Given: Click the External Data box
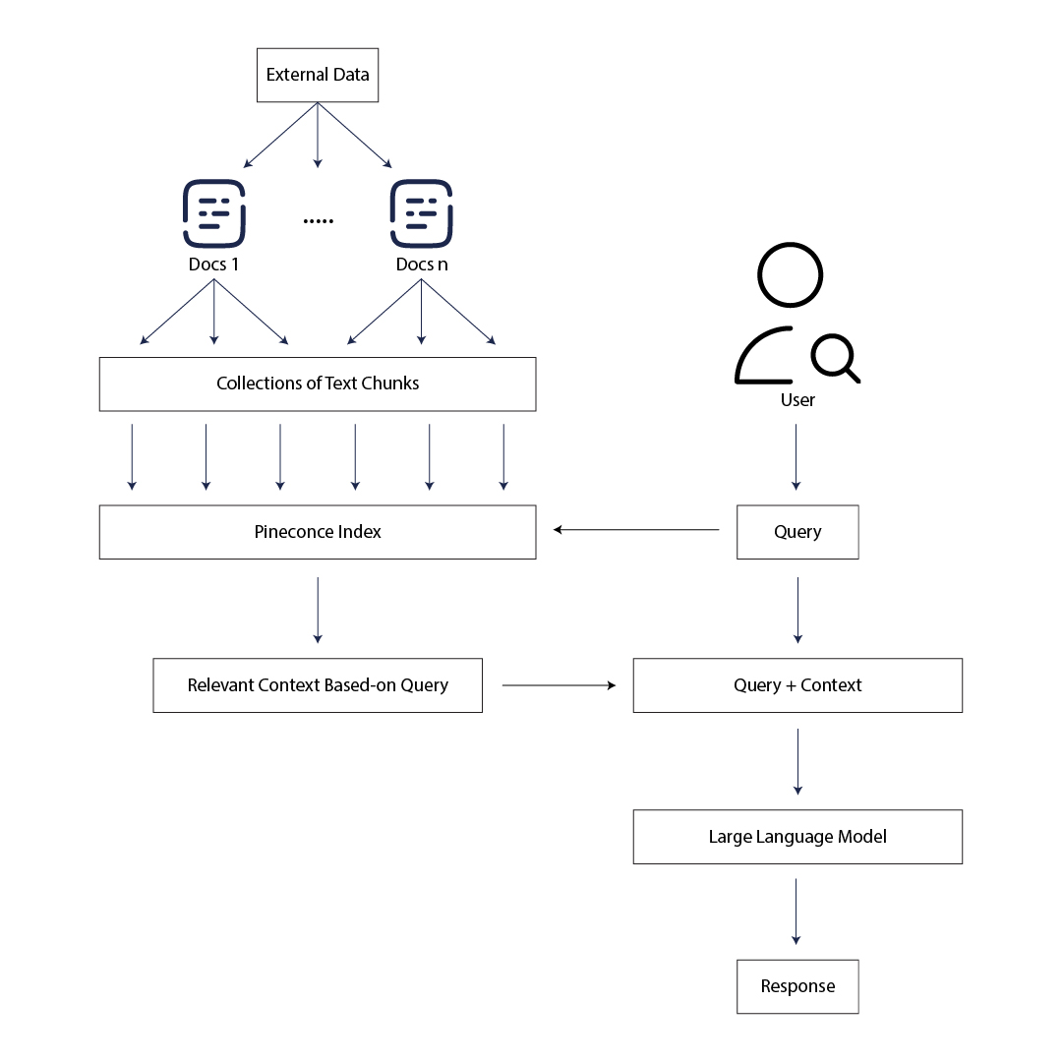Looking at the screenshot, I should [318, 75].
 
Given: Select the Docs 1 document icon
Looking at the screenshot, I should [213, 213].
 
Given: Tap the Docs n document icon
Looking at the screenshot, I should [421, 213].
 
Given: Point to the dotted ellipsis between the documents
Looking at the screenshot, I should [318, 221].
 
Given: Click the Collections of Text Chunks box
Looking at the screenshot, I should [318, 383].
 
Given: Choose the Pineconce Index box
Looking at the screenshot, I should [318, 532].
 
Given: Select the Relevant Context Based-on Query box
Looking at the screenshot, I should [318, 685].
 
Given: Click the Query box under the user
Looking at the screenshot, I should [797, 532].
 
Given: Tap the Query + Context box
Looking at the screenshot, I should [797, 685].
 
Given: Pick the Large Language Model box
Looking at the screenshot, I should [797, 837].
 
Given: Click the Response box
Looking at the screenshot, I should [797, 986].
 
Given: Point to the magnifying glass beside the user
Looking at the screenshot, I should [835, 357].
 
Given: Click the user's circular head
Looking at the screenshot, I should [791, 275].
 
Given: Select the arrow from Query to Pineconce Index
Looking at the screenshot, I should [636, 530].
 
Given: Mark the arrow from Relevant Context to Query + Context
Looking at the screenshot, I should [559, 684].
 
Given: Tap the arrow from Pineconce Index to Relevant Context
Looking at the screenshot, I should [318, 610].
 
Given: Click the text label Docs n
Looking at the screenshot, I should [422, 265].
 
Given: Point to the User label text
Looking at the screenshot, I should [797, 400].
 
